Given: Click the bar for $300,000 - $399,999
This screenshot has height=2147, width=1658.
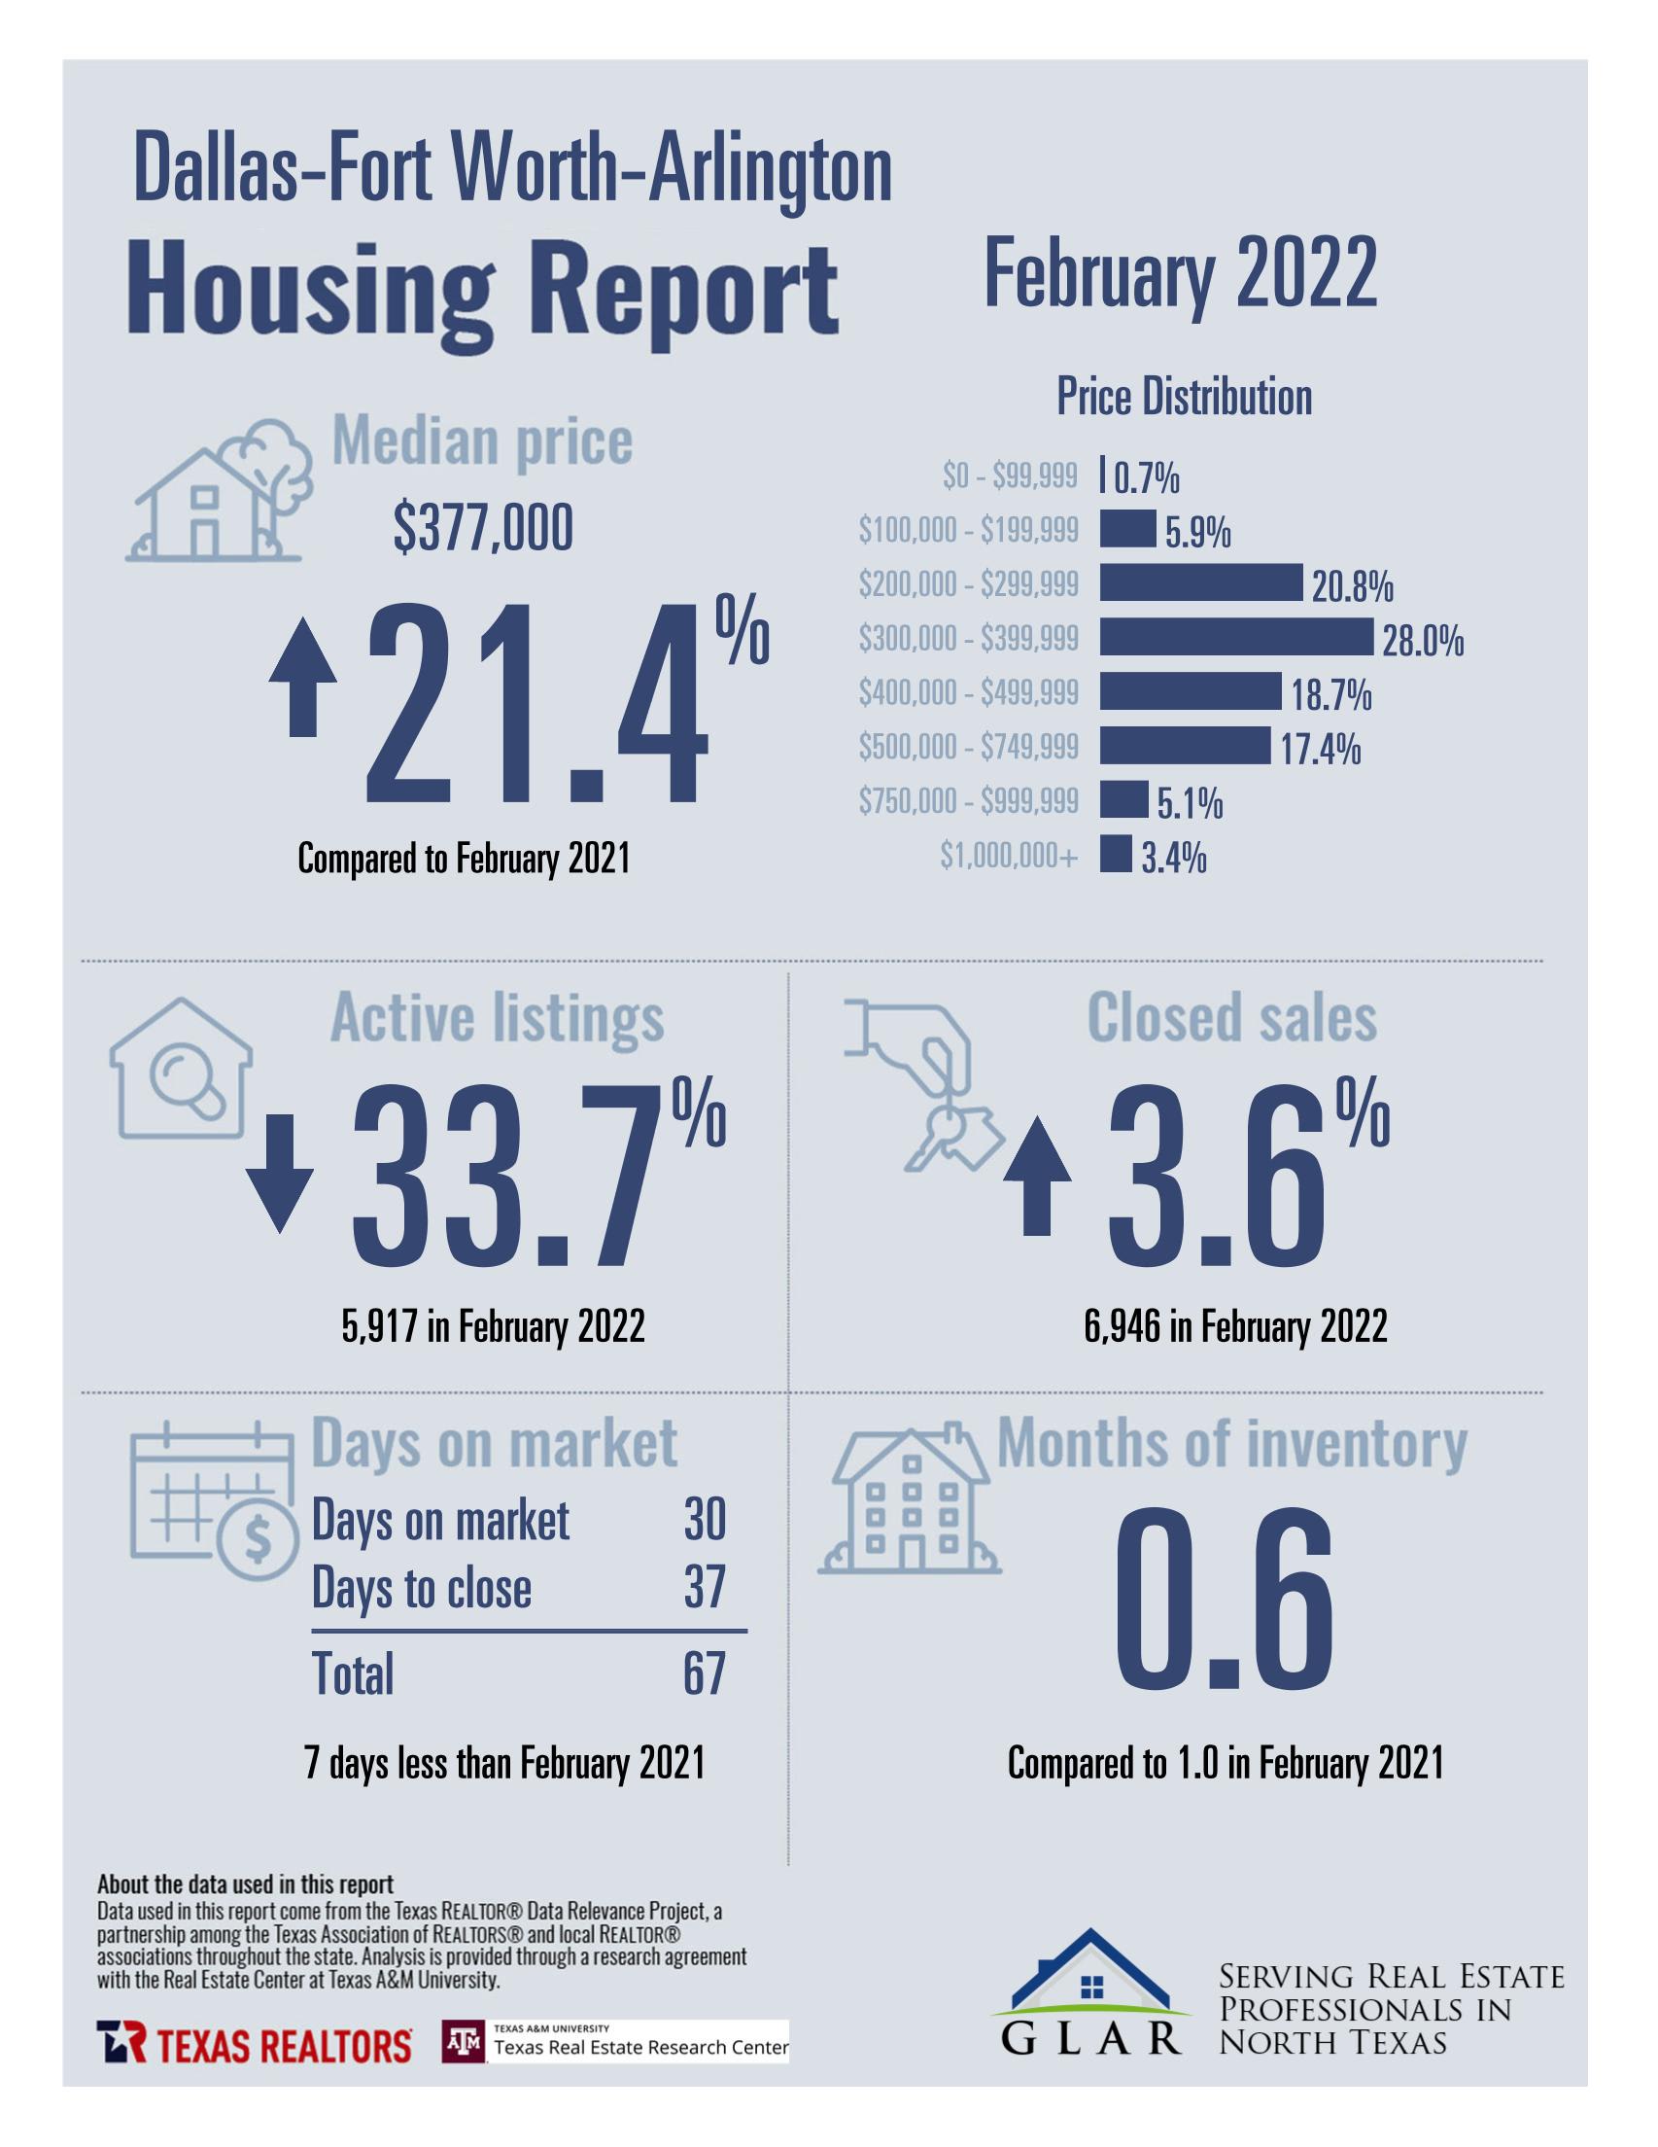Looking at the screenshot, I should (x=1234, y=637).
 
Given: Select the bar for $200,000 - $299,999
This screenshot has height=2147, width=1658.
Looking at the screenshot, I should (x=1200, y=583).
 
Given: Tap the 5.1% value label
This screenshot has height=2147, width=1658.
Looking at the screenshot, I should (x=1190, y=805).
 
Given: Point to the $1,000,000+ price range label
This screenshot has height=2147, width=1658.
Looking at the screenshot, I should (x=1009, y=858).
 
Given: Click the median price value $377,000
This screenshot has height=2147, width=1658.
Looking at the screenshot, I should (x=483, y=530).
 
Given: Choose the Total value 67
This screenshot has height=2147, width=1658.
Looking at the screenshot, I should (x=704, y=1673).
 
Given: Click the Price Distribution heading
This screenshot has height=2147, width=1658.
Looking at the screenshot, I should (x=1184, y=397).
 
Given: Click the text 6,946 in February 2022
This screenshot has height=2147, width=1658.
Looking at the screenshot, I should (x=1235, y=1327).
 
